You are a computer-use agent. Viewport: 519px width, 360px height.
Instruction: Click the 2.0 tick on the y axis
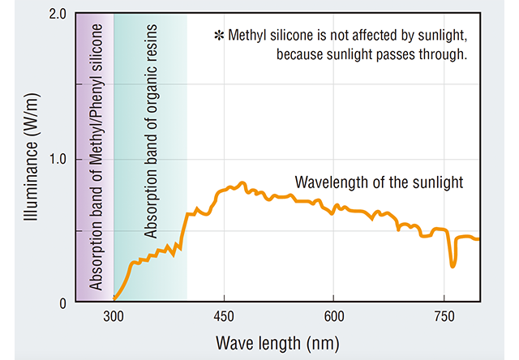57,15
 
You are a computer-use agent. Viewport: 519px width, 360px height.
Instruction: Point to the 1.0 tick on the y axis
57,159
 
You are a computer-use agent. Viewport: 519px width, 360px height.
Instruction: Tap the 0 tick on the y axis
63,302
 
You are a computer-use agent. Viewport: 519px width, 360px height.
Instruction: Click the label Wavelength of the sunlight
379,182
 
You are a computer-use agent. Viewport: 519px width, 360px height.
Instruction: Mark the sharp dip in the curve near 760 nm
453,264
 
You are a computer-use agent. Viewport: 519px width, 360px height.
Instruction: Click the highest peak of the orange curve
242,183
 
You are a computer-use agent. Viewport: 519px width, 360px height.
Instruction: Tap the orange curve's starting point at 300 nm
114,301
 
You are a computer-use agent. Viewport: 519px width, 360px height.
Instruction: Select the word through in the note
444,55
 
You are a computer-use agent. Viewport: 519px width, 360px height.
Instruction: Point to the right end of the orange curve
479,239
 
